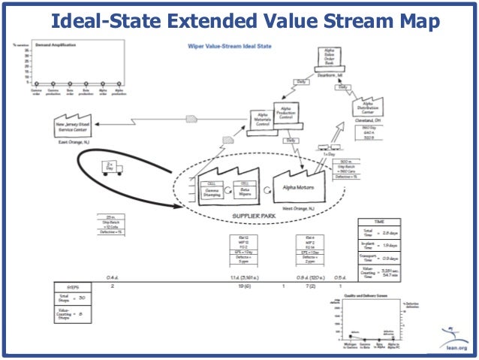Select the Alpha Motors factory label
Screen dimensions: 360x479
pos(299,185)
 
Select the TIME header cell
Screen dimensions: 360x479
pos(378,223)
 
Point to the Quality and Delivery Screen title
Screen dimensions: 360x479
pos(366,297)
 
